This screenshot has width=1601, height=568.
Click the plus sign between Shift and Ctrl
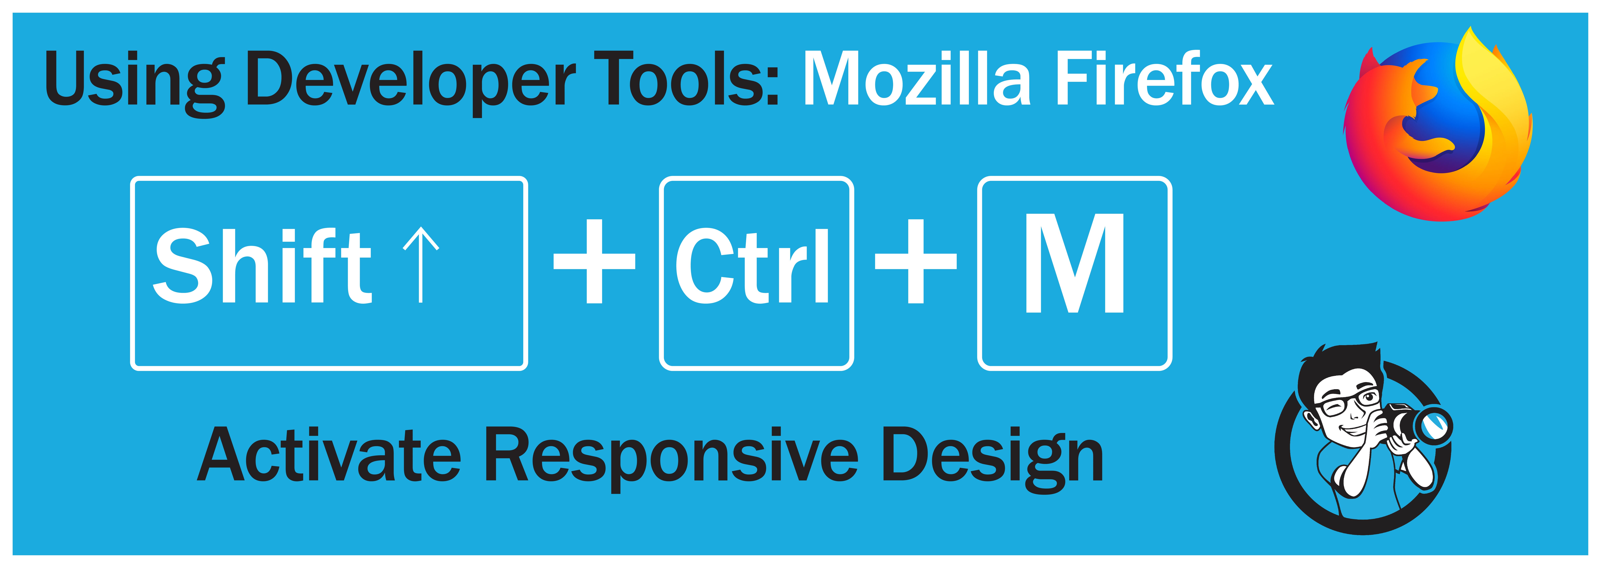pyautogui.click(x=594, y=261)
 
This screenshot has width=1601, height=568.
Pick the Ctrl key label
pyautogui.click(x=752, y=266)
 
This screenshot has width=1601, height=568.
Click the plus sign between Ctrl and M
pyautogui.click(x=916, y=261)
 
